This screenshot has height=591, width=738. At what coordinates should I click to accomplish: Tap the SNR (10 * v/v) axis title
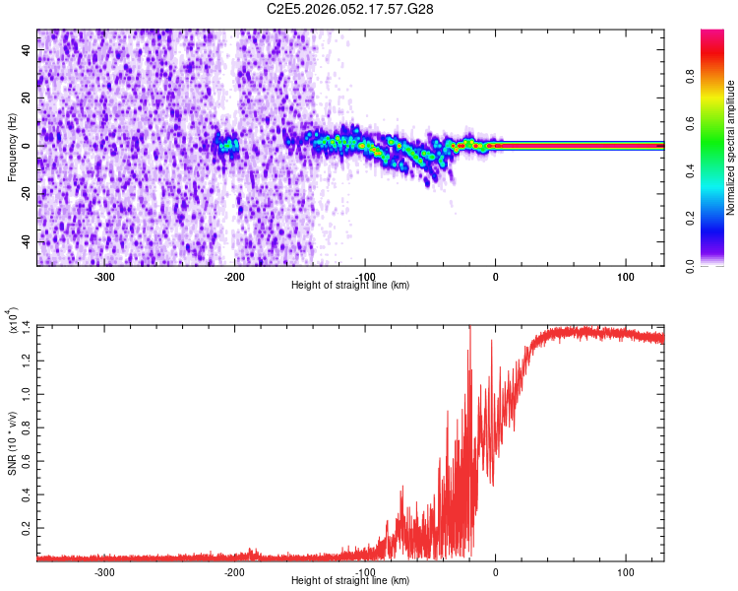point(12,442)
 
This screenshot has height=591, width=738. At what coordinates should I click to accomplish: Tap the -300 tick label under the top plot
point(104,277)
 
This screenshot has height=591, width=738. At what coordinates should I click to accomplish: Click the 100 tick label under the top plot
point(625,277)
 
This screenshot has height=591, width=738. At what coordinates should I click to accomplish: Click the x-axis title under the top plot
point(350,286)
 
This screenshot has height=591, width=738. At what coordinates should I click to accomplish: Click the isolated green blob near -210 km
point(227,145)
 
